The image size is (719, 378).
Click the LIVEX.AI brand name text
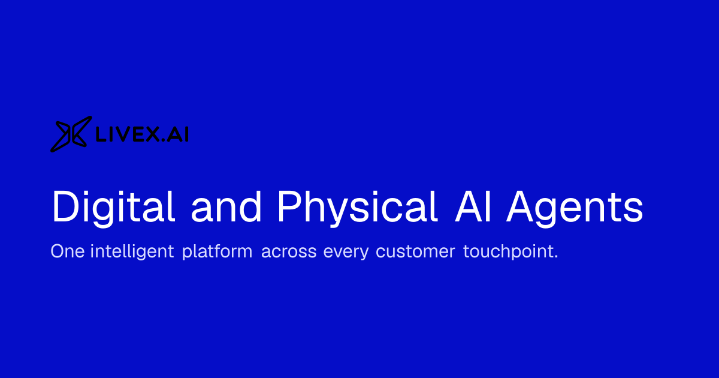pos(142,134)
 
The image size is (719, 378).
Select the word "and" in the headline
pos(226,206)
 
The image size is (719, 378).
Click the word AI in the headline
pos(473,206)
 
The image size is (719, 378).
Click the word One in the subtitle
pos(68,251)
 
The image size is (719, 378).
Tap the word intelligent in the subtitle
pos(132,251)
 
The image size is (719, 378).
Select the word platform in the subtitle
pos(217,251)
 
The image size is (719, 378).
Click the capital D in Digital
pos(65,206)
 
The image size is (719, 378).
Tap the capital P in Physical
pos(290,206)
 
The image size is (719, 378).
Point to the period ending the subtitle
pos(556,257)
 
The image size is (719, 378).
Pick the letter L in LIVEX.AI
pos(101,134)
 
